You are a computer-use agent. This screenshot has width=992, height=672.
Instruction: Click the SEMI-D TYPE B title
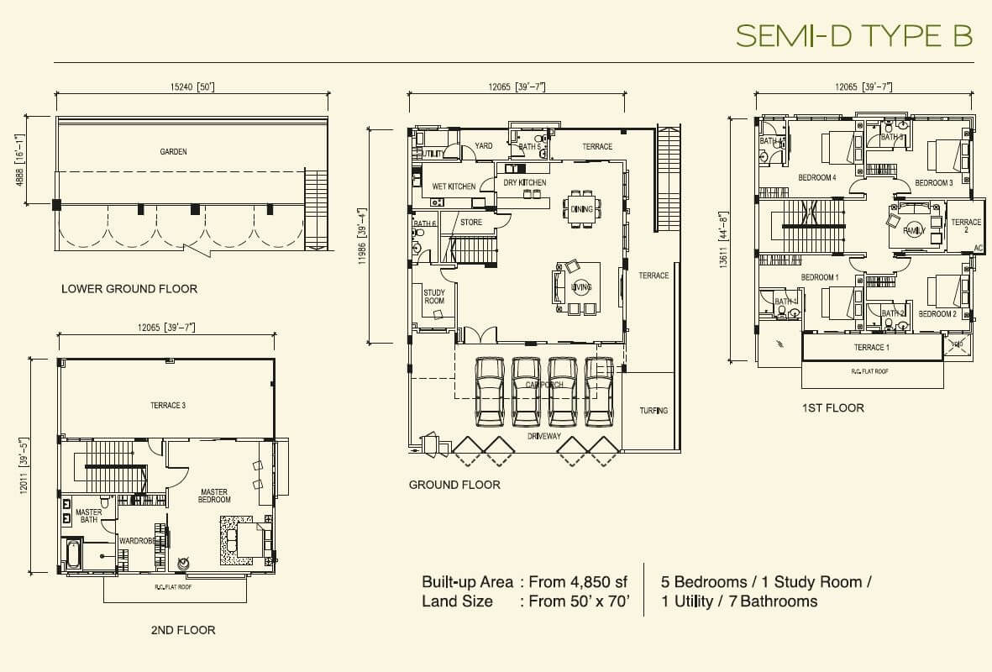coord(853,35)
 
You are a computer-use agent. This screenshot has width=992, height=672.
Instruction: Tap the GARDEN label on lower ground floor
coord(173,152)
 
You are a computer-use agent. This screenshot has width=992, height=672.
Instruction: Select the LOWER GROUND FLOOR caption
coord(129,289)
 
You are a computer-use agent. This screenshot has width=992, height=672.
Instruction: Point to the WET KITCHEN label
coord(454,186)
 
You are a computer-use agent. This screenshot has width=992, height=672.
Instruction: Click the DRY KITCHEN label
coord(525,182)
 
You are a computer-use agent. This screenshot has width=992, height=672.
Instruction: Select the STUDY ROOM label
coord(434,296)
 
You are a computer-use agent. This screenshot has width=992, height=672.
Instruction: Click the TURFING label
coord(653,411)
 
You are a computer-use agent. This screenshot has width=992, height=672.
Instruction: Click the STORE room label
coord(471,223)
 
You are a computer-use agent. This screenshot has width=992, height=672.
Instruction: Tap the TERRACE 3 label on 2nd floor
coord(167,406)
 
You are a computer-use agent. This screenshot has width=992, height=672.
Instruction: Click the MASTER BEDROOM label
coord(215,496)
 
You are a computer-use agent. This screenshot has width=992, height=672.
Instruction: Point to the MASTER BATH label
coord(89,516)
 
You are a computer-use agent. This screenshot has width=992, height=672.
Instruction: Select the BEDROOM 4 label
coord(816,178)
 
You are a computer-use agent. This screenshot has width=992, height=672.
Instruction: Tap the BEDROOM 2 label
coord(937,314)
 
